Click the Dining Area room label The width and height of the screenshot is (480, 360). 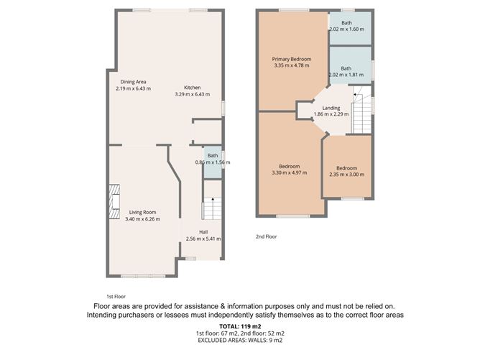(x=133, y=82)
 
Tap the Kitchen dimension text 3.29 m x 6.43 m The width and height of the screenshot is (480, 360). (x=193, y=94)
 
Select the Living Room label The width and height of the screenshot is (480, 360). (x=143, y=212)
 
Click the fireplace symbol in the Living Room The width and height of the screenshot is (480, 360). (x=113, y=202)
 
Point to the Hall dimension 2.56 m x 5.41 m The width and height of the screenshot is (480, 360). (x=203, y=239)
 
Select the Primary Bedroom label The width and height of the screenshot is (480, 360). (x=291, y=59)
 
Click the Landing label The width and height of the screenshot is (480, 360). (x=331, y=108)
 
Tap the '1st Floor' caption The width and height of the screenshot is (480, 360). (x=116, y=296)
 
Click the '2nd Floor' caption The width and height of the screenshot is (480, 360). (x=267, y=236)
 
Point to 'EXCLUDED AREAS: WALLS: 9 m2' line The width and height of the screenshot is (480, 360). (x=239, y=341)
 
